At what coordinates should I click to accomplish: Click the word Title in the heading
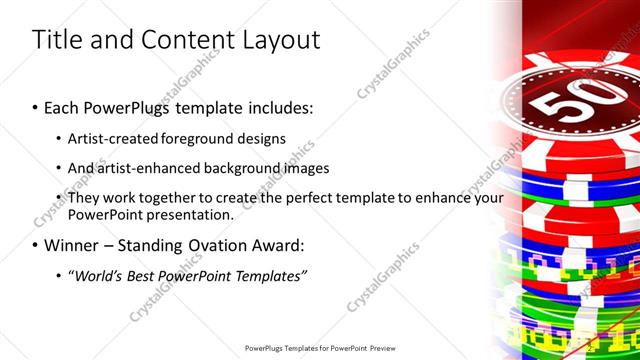pos(56,40)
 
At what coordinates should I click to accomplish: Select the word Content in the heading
pos(180,40)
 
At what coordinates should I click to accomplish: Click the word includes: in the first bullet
pos(280,106)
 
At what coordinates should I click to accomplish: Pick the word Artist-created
pos(110,138)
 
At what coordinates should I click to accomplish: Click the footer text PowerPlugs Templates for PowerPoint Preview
pos(319,349)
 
